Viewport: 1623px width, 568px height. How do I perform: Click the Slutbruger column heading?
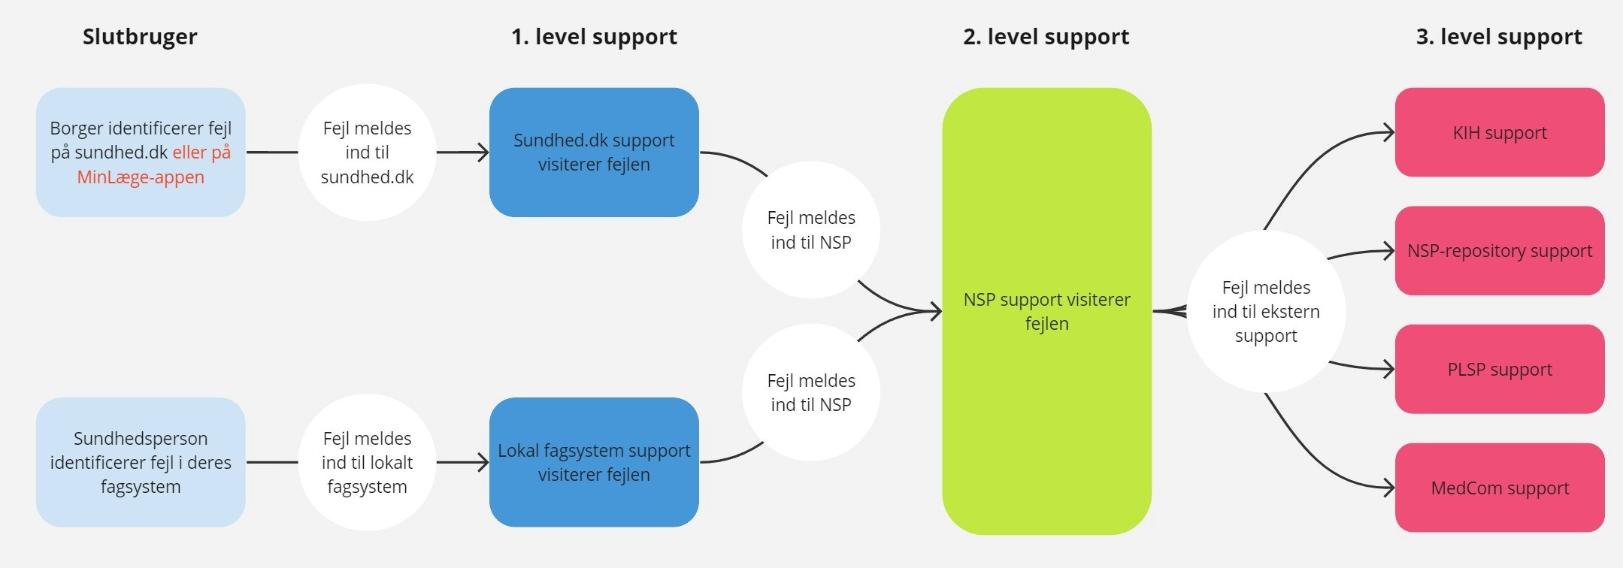[x=140, y=37]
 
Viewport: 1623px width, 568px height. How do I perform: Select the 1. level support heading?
[x=594, y=37]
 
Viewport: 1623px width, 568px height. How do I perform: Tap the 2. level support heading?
[x=1046, y=37]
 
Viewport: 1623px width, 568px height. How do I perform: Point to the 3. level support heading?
[x=1499, y=37]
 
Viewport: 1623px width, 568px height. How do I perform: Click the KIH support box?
[x=1500, y=133]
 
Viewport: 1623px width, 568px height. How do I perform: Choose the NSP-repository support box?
[x=1500, y=251]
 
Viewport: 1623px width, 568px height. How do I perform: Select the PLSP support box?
[x=1500, y=369]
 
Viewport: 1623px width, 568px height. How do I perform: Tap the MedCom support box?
[x=1500, y=488]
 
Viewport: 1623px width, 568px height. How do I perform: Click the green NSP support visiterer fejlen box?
[x=1046, y=311]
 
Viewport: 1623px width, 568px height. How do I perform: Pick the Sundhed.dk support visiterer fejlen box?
[x=594, y=153]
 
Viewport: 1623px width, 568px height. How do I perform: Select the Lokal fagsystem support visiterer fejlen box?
[x=594, y=462]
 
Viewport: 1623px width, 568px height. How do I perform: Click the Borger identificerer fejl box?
[x=141, y=153]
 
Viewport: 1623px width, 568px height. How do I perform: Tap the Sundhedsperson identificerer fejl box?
[x=141, y=462]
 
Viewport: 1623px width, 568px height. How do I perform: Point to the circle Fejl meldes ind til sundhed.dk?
[x=367, y=153]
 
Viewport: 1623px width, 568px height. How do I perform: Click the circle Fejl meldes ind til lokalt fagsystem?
[x=367, y=462]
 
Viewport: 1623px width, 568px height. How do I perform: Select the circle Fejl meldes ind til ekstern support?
[x=1266, y=311]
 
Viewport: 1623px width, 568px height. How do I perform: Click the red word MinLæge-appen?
[x=141, y=177]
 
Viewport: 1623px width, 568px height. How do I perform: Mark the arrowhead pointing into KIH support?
[x=1389, y=133]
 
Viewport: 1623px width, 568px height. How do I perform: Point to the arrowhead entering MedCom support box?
[x=1389, y=488]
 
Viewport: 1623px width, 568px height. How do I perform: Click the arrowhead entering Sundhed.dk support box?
[x=483, y=153]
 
